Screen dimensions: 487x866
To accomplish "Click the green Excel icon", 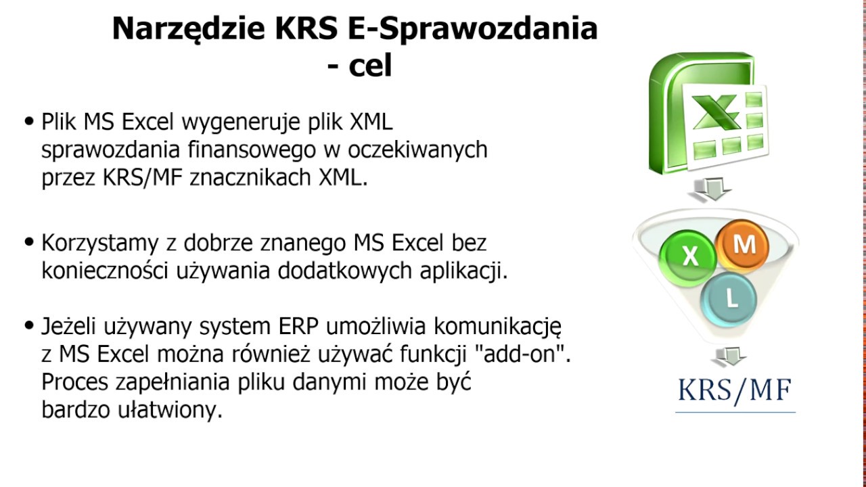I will (706, 115).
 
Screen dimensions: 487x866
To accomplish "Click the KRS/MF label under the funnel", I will (735, 390).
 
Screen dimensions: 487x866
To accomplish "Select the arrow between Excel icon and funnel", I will (709, 189).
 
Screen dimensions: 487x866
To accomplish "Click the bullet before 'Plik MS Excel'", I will (29, 122).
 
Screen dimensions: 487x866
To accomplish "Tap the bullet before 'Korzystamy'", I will (29, 241).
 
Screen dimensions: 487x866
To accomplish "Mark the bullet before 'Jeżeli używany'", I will (29, 326).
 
